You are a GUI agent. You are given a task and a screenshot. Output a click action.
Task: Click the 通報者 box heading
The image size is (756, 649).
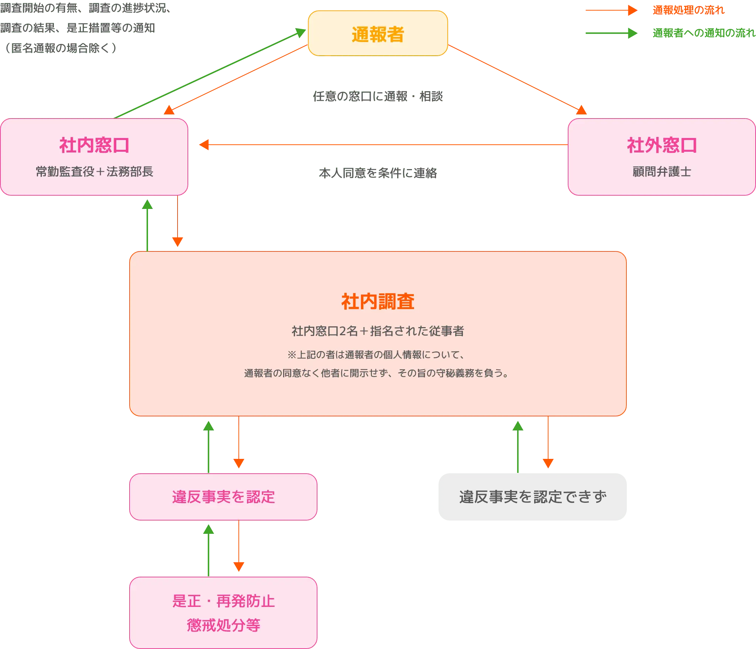tap(378, 34)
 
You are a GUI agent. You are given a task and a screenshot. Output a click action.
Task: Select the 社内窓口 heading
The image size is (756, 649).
tap(94, 145)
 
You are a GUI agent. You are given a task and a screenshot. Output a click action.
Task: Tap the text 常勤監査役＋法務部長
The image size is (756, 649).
tap(94, 172)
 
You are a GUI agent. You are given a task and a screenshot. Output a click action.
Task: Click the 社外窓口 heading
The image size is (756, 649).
tap(661, 145)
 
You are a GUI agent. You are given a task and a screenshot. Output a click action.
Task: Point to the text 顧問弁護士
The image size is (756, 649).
tap(661, 172)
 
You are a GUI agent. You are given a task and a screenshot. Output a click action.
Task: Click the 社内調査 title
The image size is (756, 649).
tap(378, 302)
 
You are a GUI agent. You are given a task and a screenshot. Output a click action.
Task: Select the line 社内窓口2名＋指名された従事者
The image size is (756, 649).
tap(378, 331)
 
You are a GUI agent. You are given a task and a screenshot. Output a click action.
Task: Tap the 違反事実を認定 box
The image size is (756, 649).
tap(223, 497)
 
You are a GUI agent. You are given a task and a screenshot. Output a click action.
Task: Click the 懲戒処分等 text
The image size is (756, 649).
tap(223, 625)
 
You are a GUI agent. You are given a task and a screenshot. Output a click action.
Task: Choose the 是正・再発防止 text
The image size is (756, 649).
tap(223, 601)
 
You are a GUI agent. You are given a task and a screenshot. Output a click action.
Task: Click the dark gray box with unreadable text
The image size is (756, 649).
tap(533, 497)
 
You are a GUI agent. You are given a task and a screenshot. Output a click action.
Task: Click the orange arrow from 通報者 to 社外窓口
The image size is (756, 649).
tap(517, 79)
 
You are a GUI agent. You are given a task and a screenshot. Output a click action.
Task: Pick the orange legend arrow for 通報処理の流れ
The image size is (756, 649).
tap(611, 10)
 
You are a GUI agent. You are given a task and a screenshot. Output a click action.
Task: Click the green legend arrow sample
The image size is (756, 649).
tap(611, 33)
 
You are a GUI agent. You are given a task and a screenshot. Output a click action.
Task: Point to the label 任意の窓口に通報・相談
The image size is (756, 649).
tap(378, 97)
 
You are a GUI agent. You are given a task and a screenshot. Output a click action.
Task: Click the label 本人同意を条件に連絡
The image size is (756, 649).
tap(378, 173)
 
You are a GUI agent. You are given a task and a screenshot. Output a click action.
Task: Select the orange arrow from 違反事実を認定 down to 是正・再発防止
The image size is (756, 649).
tap(238, 546)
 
